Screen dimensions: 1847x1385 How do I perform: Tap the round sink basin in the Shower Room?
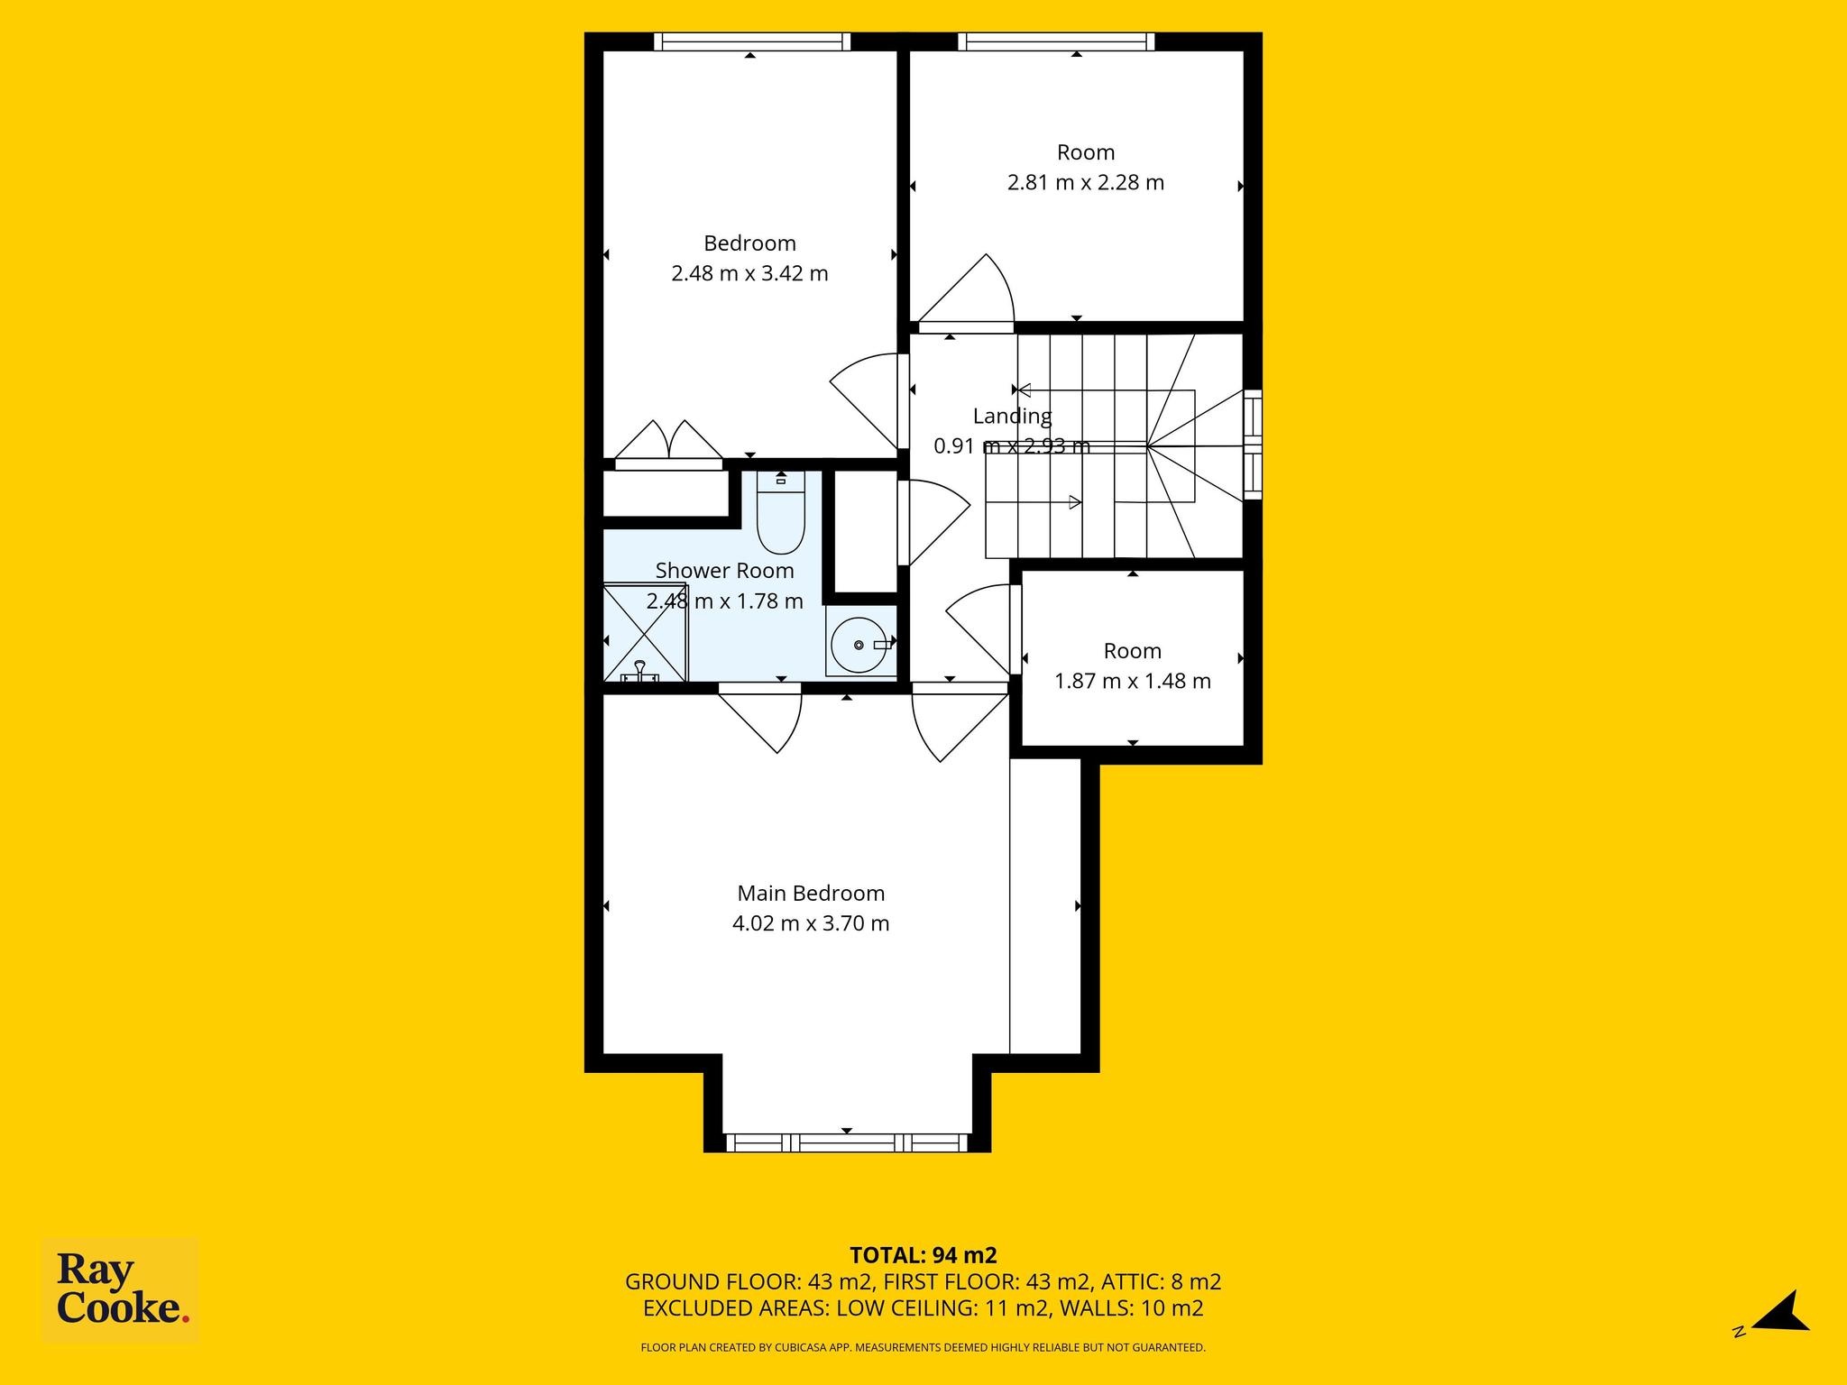click(859, 645)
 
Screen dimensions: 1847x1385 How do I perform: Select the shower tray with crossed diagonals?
click(646, 633)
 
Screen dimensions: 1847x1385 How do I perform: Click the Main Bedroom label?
click(811, 893)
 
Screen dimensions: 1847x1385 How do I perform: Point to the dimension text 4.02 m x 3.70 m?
click(811, 923)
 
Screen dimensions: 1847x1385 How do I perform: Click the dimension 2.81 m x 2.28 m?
click(1086, 182)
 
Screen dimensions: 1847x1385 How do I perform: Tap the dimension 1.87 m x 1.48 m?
click(1133, 681)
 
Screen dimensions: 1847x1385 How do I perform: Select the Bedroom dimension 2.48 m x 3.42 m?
click(749, 273)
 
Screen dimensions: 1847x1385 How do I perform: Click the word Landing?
click(1012, 417)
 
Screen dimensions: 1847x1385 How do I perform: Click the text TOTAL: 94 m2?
click(923, 1255)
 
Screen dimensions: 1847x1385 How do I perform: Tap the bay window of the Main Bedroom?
click(847, 1142)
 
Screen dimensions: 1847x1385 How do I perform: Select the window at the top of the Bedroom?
click(752, 41)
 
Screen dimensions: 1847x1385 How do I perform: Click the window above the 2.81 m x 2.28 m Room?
click(1056, 41)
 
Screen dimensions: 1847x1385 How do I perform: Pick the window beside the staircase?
click(1253, 445)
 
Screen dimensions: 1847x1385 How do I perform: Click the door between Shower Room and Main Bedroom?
click(759, 719)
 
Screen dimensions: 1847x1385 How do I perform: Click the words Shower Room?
click(725, 571)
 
